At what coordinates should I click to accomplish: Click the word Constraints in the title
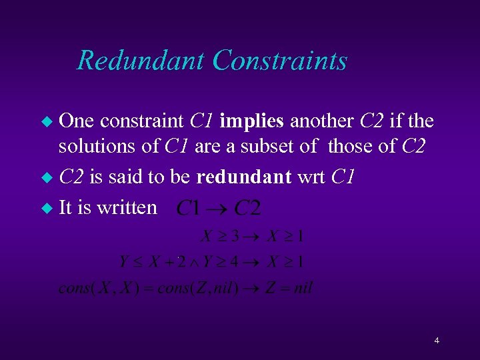click(280, 60)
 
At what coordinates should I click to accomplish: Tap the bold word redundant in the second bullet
click(245, 177)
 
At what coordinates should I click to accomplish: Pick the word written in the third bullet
click(127, 207)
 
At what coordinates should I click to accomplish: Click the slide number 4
click(436, 341)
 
